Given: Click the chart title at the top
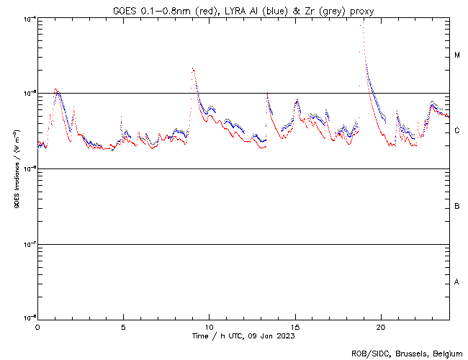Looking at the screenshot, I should point(243,11).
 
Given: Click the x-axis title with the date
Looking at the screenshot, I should point(243,336).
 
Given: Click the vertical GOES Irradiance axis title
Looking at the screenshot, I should point(16,169).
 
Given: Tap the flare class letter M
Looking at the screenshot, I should point(457,55).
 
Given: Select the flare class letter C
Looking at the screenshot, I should point(457,131).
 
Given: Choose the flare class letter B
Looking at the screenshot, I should point(457,207).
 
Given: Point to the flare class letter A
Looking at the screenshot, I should point(457,282).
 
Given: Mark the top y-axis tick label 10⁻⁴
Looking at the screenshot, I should point(28,19).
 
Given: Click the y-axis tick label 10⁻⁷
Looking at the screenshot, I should point(28,245).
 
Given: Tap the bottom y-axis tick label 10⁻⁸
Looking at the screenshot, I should point(28,317).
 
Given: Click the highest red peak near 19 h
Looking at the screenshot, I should point(361,24).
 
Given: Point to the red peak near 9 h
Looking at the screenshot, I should point(193,69).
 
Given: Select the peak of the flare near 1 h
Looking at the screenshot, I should point(56,89).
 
